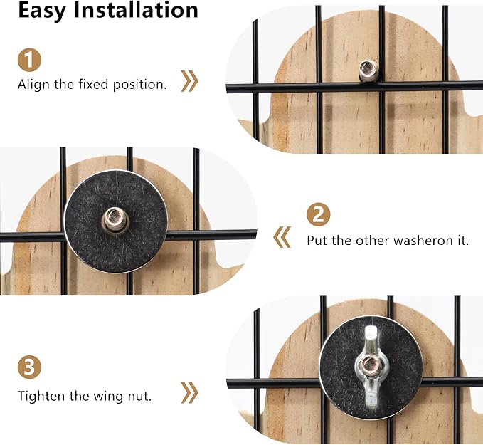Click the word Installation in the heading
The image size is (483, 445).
pos(136,10)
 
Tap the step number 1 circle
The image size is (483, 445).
pos(29,60)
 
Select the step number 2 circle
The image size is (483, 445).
pos(318,214)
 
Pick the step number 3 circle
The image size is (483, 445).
pos(29,367)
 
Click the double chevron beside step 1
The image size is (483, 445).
pos(189,81)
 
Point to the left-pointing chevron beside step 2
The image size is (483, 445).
pos(282,237)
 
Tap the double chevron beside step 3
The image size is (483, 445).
pos(189,393)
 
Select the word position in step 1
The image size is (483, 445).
pos(139,85)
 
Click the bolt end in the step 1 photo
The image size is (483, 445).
pos(368,70)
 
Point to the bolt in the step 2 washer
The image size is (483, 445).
pos(115,219)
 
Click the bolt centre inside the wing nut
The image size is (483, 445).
pos(368,365)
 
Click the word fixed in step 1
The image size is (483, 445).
pos(93,84)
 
